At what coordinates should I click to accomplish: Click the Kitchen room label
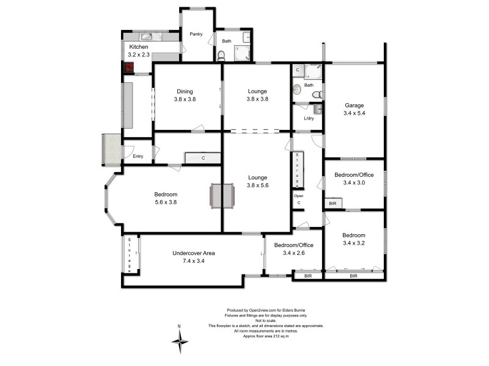138,47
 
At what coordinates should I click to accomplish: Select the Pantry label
196,34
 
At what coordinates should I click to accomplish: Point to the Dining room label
185,91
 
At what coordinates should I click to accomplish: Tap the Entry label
138,156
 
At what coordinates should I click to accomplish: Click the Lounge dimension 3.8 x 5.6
257,185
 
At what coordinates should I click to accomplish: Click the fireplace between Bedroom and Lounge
222,196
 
